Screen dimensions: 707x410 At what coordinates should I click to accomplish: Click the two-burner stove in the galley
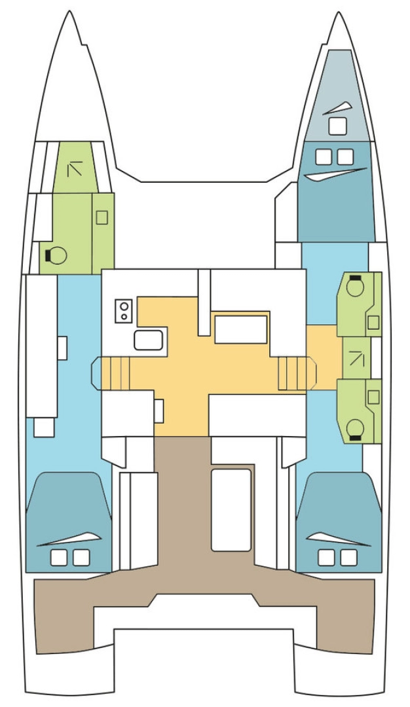124,311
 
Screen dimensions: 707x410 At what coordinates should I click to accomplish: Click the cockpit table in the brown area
231,509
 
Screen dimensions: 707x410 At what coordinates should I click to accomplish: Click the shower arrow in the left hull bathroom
75,169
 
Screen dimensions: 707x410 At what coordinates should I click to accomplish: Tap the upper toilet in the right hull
356,286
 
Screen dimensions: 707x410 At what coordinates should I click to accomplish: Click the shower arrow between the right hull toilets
357,358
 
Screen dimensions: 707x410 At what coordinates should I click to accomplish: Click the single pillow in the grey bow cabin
337,125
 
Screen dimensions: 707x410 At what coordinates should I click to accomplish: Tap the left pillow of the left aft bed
58,557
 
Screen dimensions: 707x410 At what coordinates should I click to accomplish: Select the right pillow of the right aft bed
349,557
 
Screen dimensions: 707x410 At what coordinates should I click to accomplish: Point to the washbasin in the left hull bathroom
102,217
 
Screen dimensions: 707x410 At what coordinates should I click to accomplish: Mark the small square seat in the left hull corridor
44,427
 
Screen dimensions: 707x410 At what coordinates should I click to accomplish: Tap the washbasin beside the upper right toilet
373,322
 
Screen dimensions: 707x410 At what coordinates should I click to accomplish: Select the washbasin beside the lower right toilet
373,397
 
